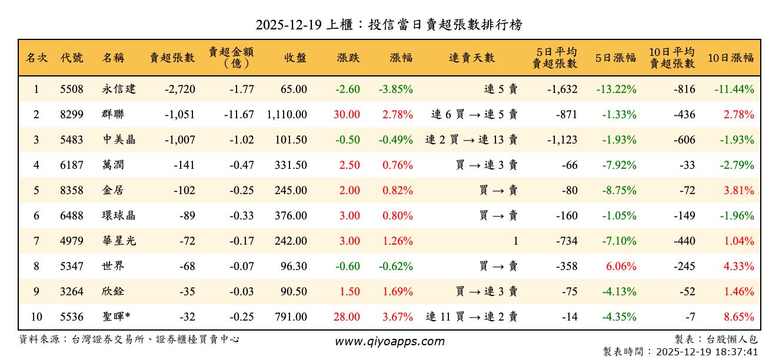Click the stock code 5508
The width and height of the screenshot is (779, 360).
tap(72, 89)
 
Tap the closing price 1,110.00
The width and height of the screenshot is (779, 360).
tap(287, 115)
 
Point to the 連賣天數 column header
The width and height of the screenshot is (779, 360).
tap(471, 58)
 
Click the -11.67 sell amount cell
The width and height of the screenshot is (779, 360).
tap(239, 115)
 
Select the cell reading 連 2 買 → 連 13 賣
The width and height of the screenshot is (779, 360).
tap(471, 140)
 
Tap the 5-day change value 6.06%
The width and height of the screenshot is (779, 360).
tap(621, 266)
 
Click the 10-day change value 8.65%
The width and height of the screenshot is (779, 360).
tap(738, 317)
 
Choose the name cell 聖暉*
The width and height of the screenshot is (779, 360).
tap(116, 317)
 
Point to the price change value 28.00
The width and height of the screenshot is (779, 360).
tap(347, 317)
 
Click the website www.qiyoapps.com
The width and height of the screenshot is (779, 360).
tap(389, 341)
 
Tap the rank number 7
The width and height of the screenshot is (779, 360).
tap(36, 241)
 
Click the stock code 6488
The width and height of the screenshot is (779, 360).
tap(72, 216)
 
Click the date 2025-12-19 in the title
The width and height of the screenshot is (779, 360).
tap(288, 25)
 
